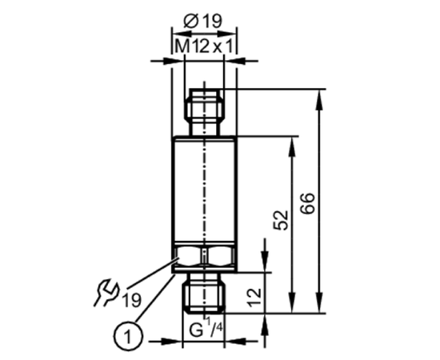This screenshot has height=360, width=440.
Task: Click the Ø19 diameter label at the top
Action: pos(202,21)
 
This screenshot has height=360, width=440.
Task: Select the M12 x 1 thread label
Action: pos(204,46)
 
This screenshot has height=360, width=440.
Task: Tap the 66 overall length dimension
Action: pos(308,204)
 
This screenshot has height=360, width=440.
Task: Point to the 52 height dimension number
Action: pos(281,220)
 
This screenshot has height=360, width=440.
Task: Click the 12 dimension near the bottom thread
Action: pos(254,297)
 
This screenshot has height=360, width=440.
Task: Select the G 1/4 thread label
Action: pos(206,328)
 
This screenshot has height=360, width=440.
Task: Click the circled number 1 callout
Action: pos(128,336)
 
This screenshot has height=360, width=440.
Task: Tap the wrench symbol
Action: pos(106,292)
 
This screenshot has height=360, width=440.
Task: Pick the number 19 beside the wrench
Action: pos(131,300)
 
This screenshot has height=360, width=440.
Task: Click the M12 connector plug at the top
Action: pos(204,112)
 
